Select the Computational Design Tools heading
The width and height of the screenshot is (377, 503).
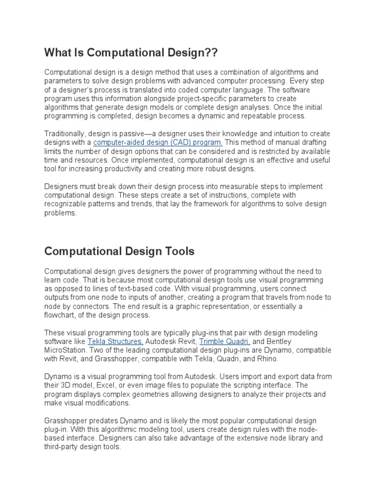click(119, 251)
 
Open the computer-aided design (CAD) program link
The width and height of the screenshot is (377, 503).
click(158, 142)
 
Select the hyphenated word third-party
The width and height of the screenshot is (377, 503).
click(63, 447)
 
